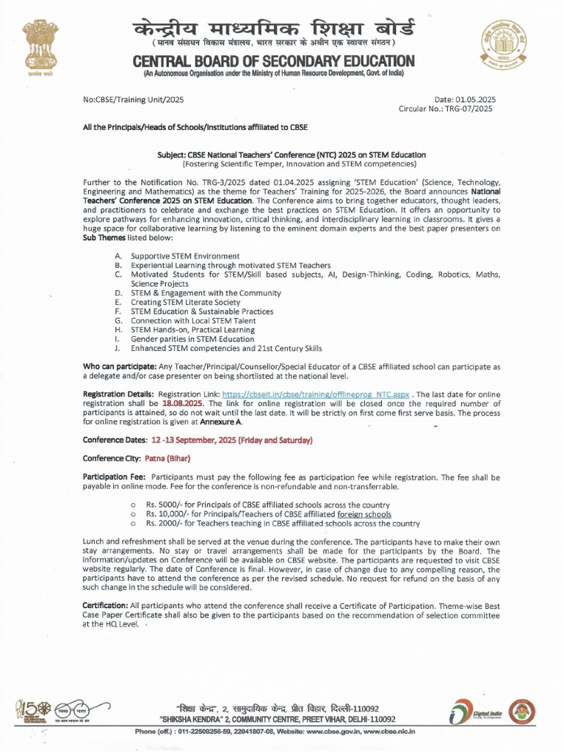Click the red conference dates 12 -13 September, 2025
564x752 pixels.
pos(231,440)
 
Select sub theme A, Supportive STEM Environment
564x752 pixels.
pos(185,256)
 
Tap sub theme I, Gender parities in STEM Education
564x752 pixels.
pos(192,339)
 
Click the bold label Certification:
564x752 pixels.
pos(110,604)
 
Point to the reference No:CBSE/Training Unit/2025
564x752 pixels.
pos(134,99)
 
